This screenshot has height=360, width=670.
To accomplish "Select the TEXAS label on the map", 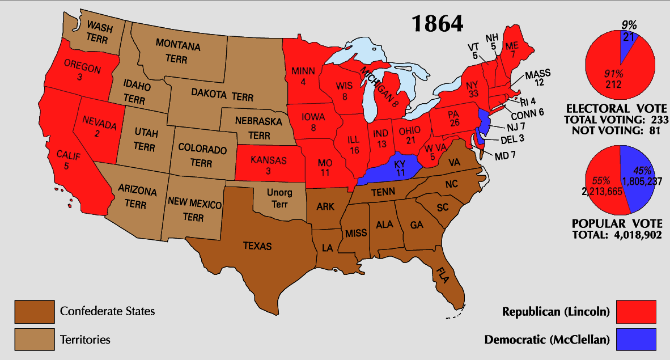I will pos(257,246).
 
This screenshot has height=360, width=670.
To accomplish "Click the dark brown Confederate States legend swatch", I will pos(35,311).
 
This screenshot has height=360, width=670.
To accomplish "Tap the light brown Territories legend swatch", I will pos(35,340).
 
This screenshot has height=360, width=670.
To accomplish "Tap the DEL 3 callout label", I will pos(511,139).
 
